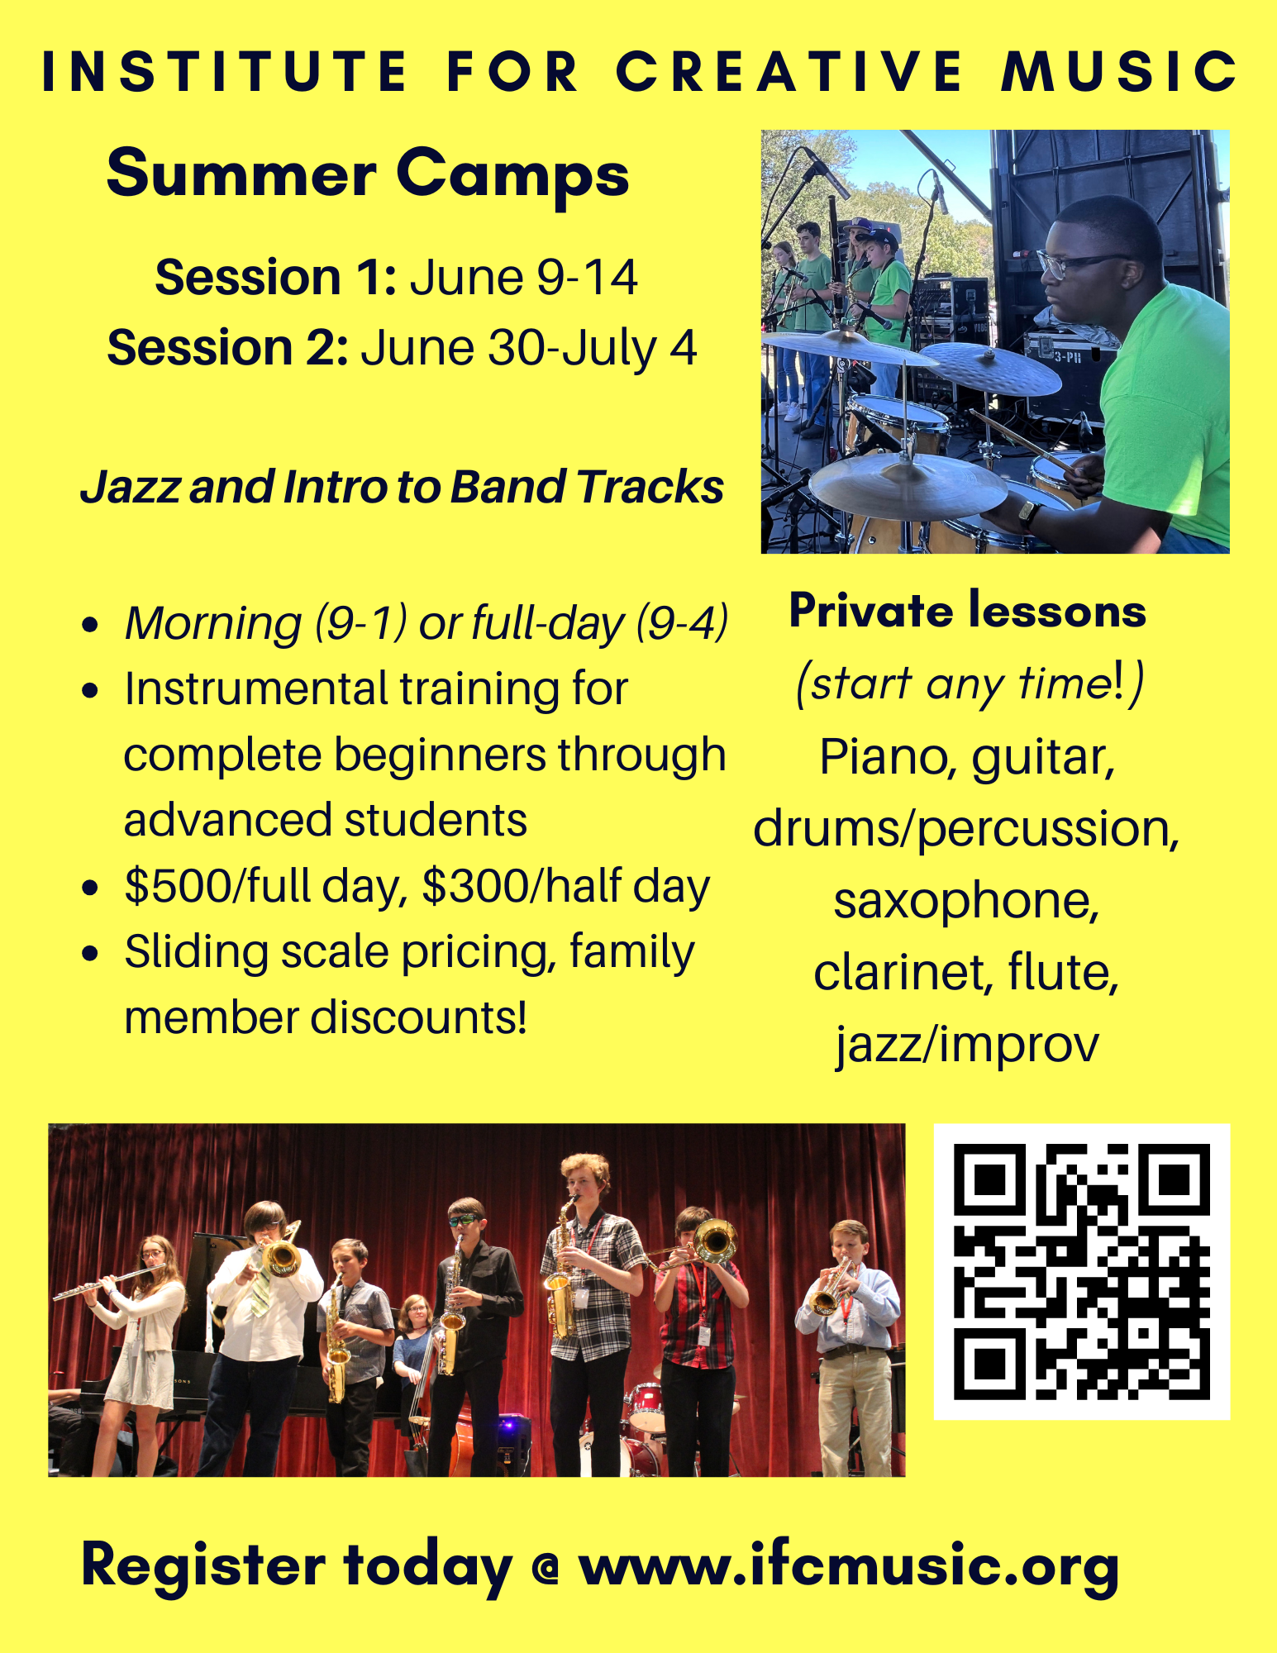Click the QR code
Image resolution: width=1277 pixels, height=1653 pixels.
coord(1081,1271)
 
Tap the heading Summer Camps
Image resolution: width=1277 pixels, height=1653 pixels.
coord(368,174)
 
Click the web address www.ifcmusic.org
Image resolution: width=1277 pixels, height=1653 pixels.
coord(849,1566)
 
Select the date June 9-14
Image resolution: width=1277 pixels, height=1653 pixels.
coord(523,277)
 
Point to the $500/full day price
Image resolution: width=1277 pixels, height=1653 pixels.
coord(266,886)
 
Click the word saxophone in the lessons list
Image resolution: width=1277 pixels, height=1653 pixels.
coord(966,900)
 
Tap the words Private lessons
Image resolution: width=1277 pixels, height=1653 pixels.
coord(967,611)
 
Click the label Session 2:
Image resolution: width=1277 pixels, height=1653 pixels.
coord(227,347)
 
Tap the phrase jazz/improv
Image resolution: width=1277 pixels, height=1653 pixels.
coord(966,1044)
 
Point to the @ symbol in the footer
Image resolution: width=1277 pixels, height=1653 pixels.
coord(545,1568)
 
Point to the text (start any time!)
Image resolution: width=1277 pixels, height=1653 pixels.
coord(969,684)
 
